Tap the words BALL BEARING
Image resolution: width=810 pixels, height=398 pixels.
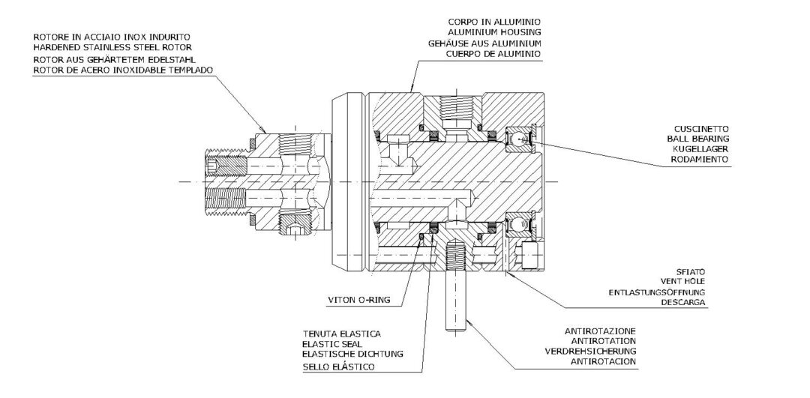tap(699, 139)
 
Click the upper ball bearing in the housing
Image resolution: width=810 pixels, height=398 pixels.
tap(517, 138)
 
